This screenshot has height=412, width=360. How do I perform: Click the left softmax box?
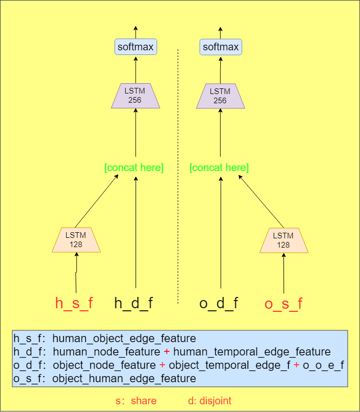[135, 47]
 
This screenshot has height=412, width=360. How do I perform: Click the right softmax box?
[220, 47]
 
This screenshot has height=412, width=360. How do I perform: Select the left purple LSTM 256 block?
[135, 96]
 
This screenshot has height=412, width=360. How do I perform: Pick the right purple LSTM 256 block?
[220, 96]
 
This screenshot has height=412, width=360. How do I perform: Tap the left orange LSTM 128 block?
[76, 240]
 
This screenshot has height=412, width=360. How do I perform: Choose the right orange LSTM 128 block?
[283, 240]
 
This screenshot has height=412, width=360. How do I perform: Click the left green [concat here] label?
[134, 167]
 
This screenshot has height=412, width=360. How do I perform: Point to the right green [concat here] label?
[219, 167]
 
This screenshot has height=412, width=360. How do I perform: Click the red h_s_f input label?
[74, 303]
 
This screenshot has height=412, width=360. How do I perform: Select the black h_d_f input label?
[134, 303]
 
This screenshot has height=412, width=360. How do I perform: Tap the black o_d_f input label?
[219, 303]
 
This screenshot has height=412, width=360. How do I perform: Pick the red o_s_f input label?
[283, 304]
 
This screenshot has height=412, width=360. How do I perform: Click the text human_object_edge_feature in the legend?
[124, 339]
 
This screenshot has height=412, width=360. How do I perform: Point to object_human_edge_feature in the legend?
[124, 379]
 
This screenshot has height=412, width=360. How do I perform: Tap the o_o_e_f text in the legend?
[323, 365]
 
